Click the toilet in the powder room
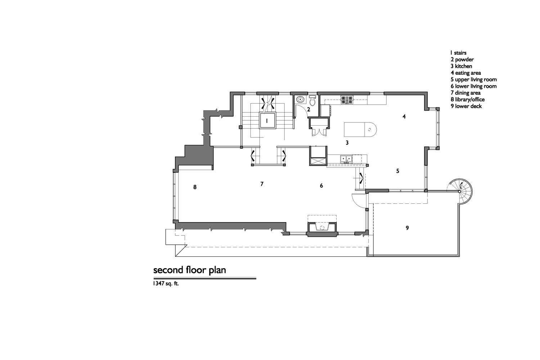312,100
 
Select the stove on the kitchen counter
347,100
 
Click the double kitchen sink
346,159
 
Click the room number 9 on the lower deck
407,228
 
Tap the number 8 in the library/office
195,187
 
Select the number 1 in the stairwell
267,121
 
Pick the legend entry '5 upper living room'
473,79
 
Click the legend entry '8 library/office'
467,99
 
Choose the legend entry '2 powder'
462,59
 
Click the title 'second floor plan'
190,270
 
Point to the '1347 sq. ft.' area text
166,284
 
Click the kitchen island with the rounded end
360,130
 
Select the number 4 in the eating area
404,117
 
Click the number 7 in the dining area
262,184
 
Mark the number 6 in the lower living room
321,185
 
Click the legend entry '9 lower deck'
466,106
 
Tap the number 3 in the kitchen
347,143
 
